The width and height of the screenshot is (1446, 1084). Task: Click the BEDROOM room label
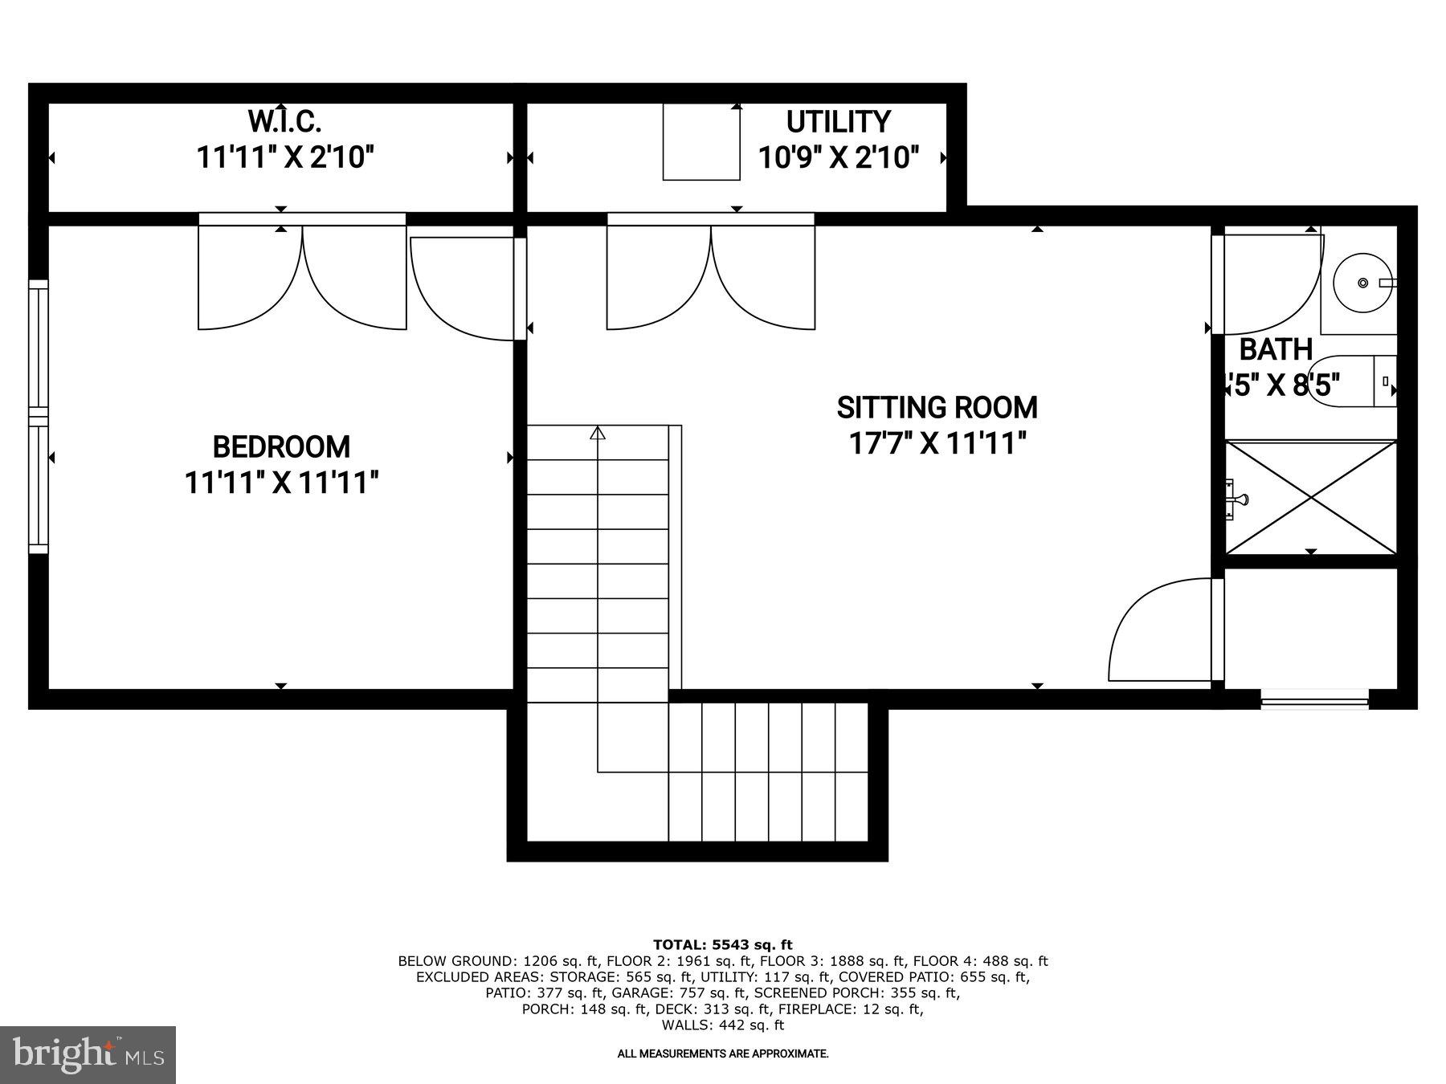click(280, 446)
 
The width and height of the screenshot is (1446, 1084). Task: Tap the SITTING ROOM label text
click(937, 408)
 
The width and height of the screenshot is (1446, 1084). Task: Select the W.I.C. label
click(284, 122)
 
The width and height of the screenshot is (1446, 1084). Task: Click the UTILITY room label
click(838, 122)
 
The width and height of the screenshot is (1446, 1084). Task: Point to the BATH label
click(1276, 350)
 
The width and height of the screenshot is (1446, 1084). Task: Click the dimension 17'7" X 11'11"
click(937, 443)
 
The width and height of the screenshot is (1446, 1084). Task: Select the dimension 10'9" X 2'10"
click(839, 157)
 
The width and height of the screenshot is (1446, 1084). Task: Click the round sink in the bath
click(1362, 283)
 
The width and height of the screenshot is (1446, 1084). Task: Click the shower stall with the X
click(1311, 497)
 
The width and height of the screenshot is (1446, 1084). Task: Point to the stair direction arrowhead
click(598, 434)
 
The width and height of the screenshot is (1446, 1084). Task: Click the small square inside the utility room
click(701, 142)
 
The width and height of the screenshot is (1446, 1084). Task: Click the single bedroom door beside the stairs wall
click(462, 289)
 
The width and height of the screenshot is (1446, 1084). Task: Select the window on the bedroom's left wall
click(38, 416)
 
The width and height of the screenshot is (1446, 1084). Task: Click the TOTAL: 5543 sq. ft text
click(722, 945)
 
